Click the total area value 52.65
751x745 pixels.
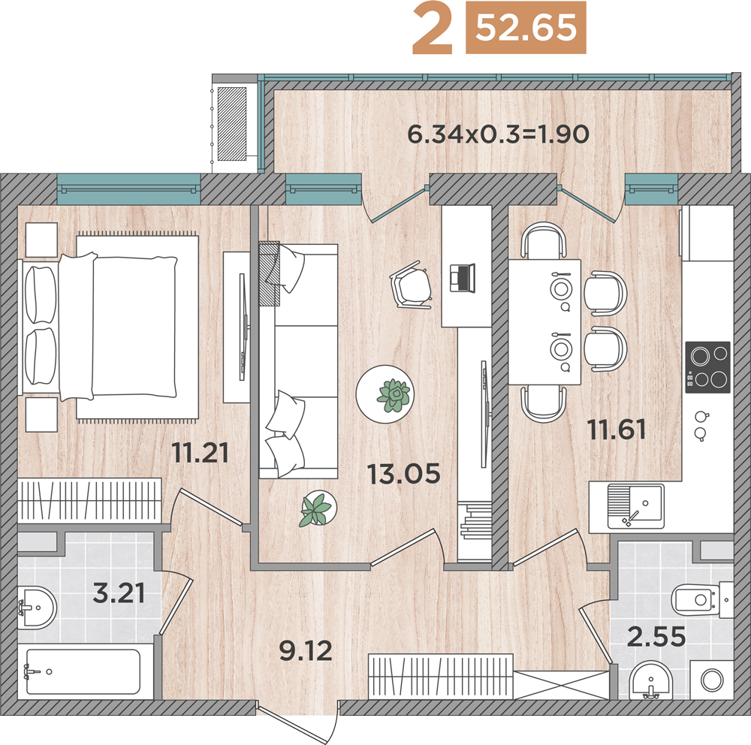point(526,27)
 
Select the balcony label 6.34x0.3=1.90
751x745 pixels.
point(498,134)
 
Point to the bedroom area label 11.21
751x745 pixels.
point(201,452)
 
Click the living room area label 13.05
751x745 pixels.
point(404,473)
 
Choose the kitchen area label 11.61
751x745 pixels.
point(617,430)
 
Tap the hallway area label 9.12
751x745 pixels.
point(306,651)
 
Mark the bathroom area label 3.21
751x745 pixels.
point(119,593)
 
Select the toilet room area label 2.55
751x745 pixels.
point(656,637)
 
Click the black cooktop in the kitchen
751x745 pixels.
point(707,367)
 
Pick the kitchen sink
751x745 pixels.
point(636,506)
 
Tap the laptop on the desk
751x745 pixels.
point(462,278)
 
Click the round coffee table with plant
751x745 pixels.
point(385,394)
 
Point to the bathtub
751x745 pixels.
point(83,671)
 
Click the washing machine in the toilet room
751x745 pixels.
point(712,680)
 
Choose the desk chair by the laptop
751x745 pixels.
point(412,285)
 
